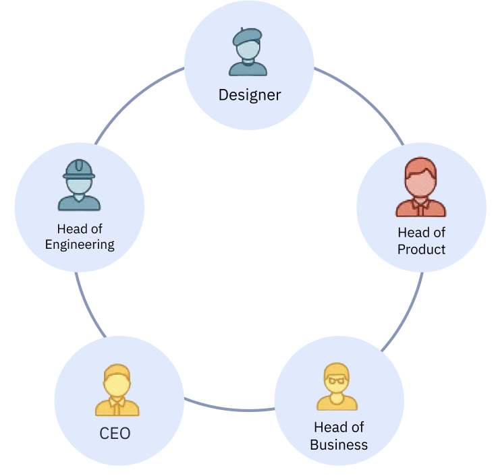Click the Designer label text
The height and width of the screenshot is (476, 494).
coord(249,95)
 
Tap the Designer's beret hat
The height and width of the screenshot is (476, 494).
coord(247,36)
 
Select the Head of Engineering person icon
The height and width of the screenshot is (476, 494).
coord(79,185)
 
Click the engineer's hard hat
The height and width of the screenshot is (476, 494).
coord(79,168)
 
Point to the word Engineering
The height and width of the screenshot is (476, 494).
coord(80,244)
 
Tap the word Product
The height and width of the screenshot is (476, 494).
coord(421,249)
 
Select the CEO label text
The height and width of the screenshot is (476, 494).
coord(115,433)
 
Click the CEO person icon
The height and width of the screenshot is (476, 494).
coord(117,390)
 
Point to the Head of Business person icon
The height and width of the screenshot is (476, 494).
coord(337,387)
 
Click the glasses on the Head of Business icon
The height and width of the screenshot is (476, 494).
coord(336,380)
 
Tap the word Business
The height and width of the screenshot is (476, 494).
coord(339,445)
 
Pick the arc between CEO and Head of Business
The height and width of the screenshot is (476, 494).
coord(229,409)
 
